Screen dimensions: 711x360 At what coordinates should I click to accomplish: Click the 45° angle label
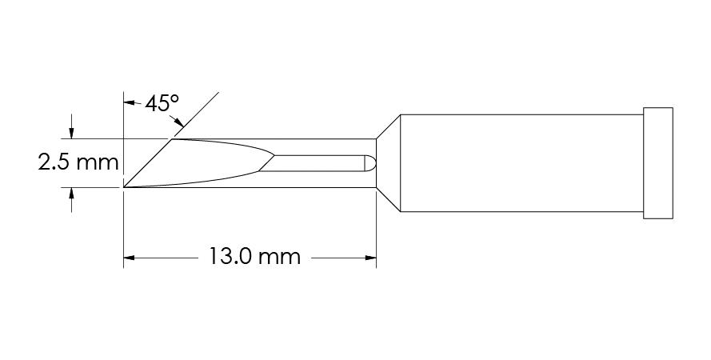[x=162, y=104]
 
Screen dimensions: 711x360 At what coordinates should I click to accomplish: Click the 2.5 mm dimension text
[x=78, y=162]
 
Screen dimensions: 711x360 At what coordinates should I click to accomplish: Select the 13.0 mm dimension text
[x=254, y=257]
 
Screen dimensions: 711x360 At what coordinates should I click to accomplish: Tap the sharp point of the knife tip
[x=124, y=187]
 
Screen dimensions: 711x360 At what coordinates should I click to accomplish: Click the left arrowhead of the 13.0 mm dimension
[x=130, y=258]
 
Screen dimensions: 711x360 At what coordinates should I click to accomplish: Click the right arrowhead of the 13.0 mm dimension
[x=370, y=258]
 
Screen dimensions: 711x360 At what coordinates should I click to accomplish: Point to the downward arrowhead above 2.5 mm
[x=71, y=133]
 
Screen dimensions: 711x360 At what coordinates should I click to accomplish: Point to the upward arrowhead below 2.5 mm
[x=71, y=193]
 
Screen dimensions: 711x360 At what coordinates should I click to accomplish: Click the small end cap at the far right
[x=658, y=163]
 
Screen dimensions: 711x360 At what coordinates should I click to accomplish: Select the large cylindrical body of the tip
[x=521, y=163]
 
